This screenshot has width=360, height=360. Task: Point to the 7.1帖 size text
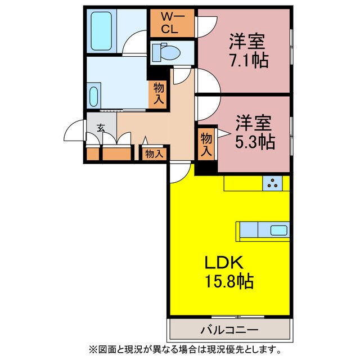click(x=247, y=59)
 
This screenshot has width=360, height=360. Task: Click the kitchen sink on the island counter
click(x=278, y=230)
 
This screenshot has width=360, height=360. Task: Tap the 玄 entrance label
click(x=101, y=127)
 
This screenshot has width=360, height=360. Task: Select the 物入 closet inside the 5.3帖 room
click(x=206, y=143)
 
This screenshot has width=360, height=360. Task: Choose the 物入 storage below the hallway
click(x=154, y=153)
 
